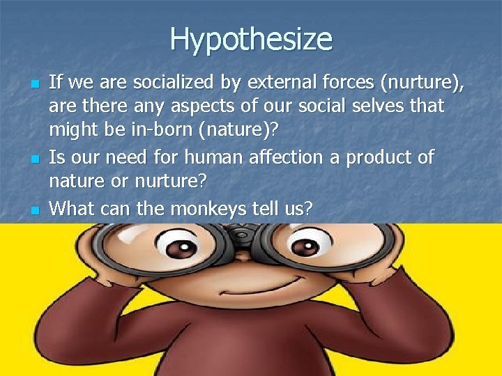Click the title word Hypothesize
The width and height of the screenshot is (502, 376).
click(251, 39)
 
